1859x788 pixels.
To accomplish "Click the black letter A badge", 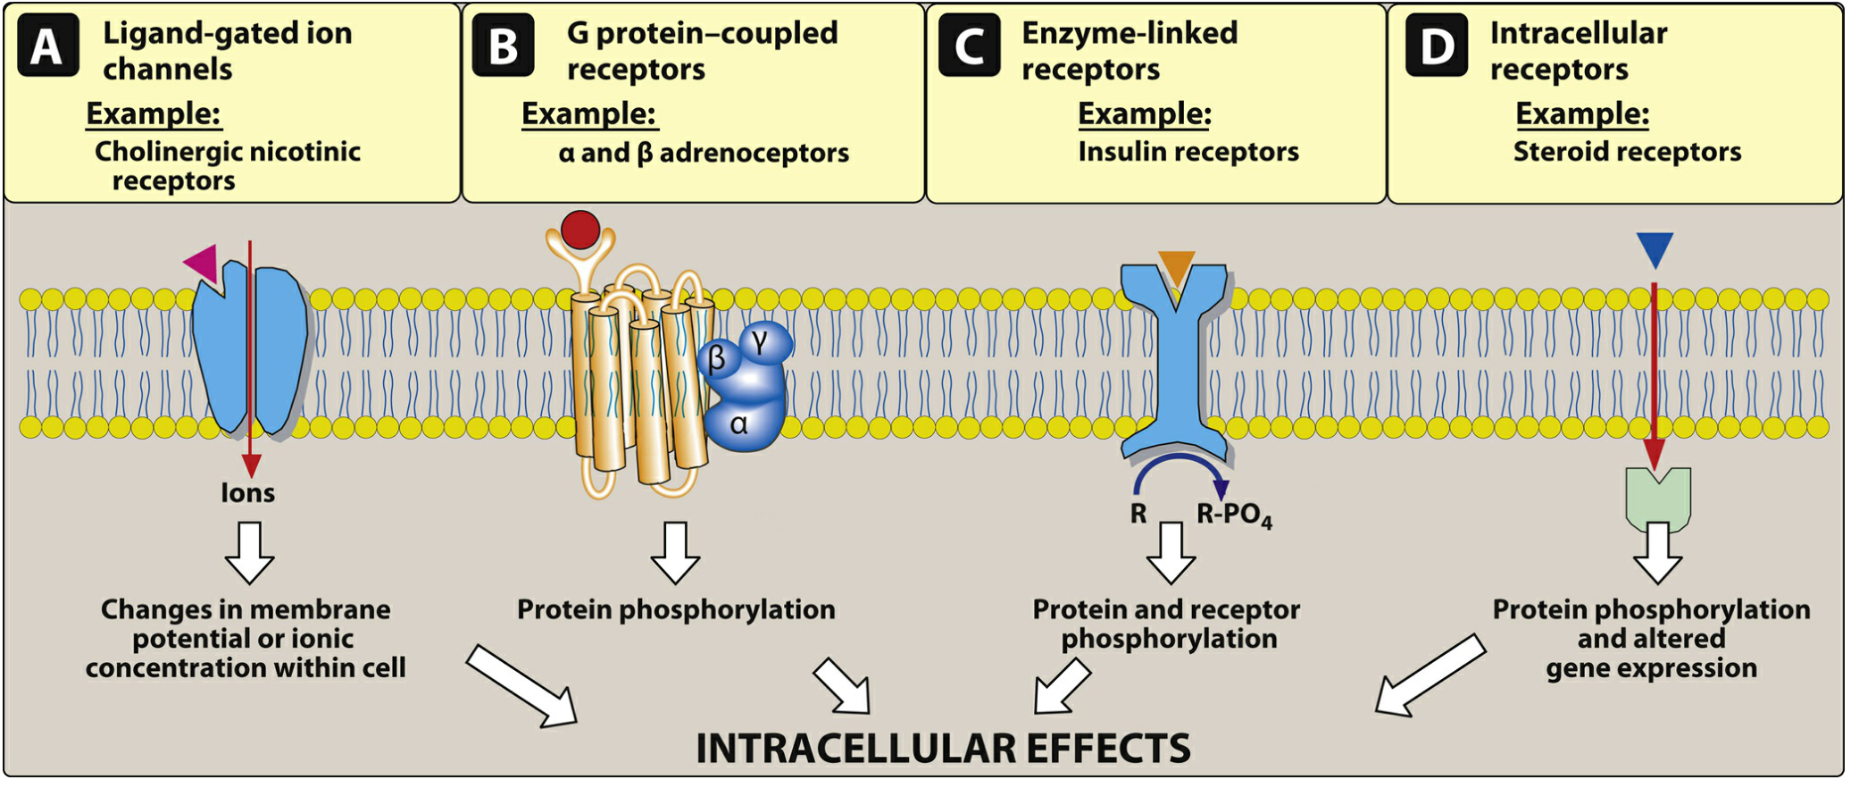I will [47, 46].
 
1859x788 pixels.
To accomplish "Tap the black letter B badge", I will [504, 46].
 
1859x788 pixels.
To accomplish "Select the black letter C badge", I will [970, 46].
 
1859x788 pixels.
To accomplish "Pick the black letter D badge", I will [1437, 46].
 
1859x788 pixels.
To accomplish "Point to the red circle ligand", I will [580, 230].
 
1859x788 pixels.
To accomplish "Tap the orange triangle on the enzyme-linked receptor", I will [1176, 265].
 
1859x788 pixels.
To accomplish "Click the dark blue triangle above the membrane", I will [1655, 248].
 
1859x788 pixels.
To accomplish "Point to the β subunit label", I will [717, 359].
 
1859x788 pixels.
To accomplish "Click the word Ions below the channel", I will [247, 492].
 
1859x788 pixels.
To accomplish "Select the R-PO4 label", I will [1233, 515].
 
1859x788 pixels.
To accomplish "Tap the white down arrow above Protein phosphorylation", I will [675, 552].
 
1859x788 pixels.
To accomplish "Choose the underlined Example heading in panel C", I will [1145, 113].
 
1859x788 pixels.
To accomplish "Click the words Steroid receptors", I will [1627, 152].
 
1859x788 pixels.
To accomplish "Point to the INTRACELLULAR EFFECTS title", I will [943, 748].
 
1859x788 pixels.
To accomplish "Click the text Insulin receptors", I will [1188, 152].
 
